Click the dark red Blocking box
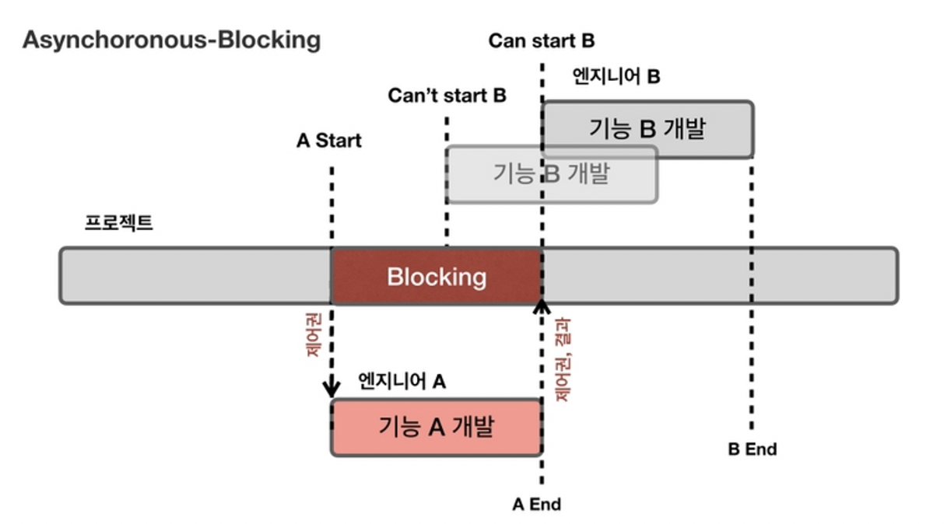(x=436, y=277)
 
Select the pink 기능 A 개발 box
(x=436, y=427)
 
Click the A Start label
(x=329, y=141)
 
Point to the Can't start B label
(x=447, y=96)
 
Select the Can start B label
(x=541, y=41)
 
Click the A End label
(x=536, y=504)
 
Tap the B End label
(x=752, y=449)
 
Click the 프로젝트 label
(x=119, y=223)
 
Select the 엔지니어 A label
(x=402, y=381)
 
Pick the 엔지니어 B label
(x=616, y=76)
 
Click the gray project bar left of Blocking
(x=195, y=276)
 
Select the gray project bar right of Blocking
(x=716, y=276)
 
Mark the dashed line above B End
(x=751, y=311)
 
